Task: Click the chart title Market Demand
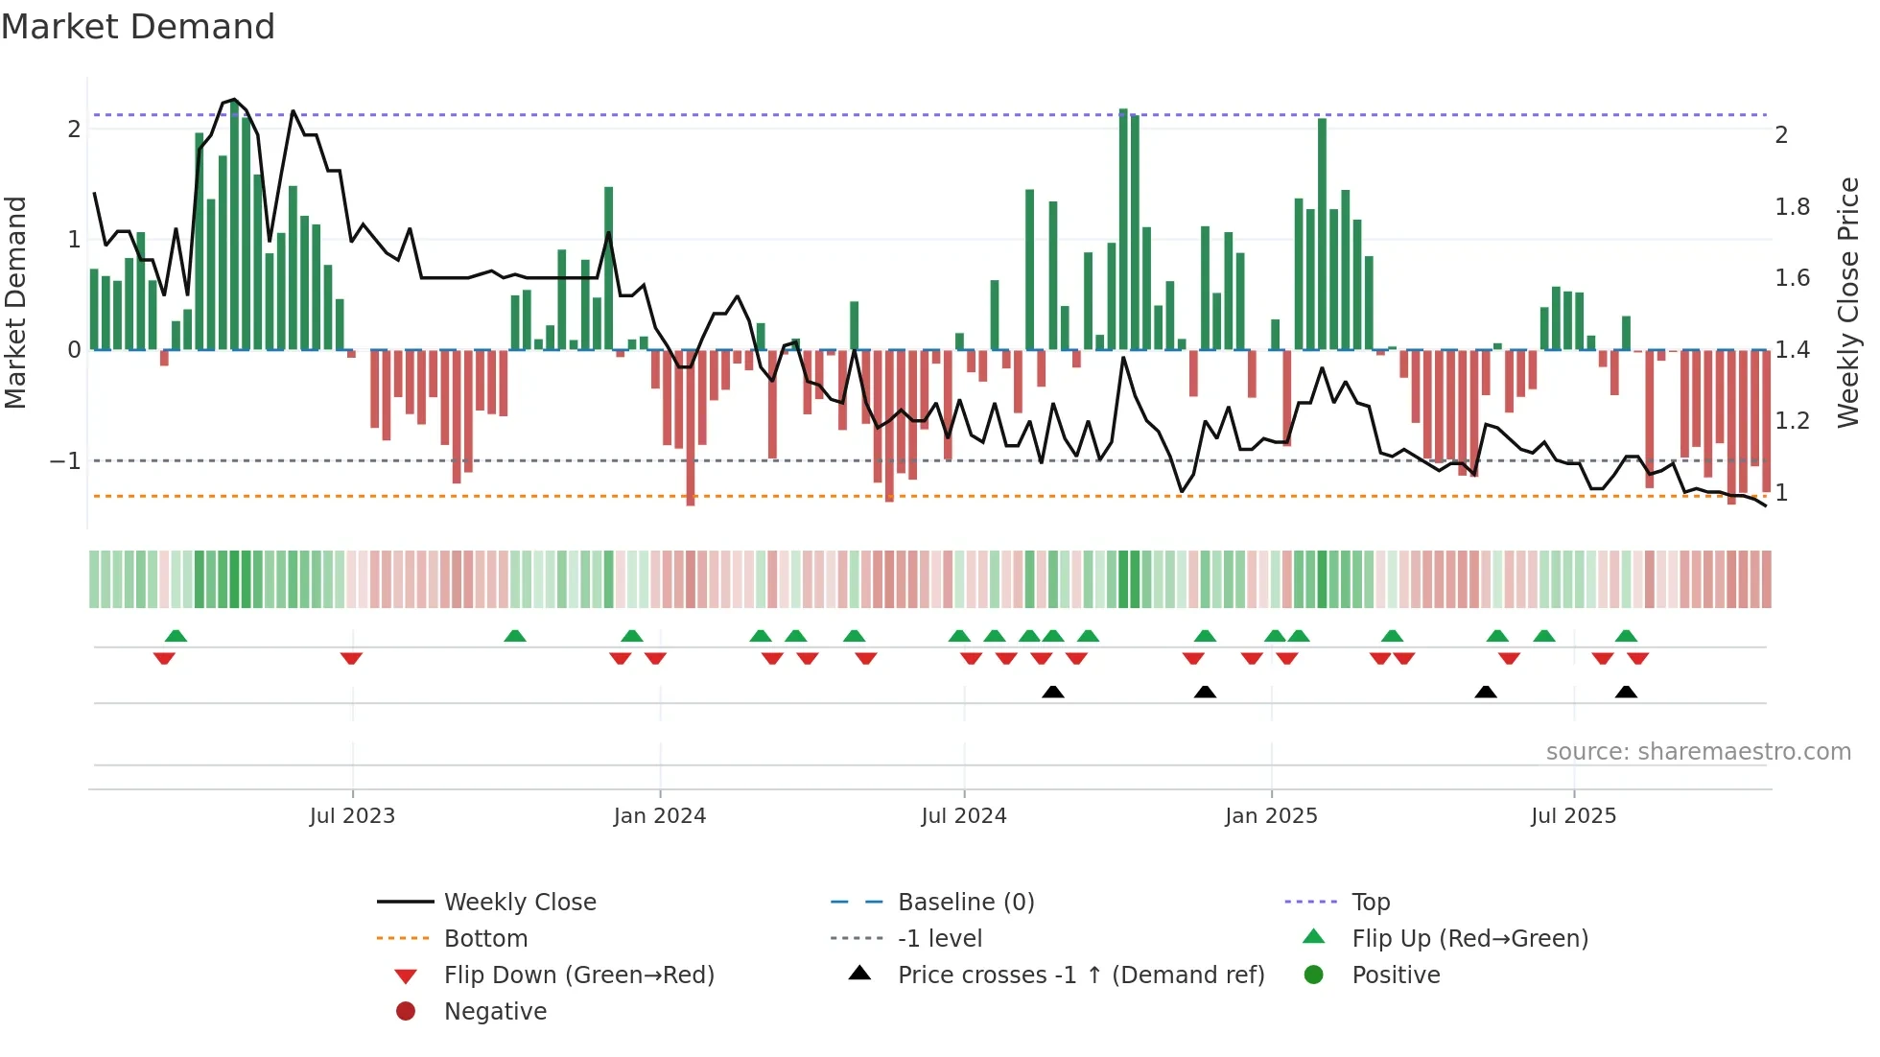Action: (138, 27)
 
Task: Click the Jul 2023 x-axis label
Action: (352, 816)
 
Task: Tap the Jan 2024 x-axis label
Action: (660, 816)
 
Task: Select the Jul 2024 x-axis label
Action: (964, 816)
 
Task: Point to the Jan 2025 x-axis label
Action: (1271, 816)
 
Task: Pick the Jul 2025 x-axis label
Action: (1573, 816)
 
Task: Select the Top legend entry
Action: (1370, 903)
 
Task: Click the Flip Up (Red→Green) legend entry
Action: (1469, 939)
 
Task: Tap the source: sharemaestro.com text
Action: (1698, 752)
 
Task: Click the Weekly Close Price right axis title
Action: (1848, 302)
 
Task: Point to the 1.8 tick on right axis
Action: (1792, 207)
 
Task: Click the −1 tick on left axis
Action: (66, 461)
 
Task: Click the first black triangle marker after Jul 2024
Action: (1053, 692)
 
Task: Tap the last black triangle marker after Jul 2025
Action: (1626, 692)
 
